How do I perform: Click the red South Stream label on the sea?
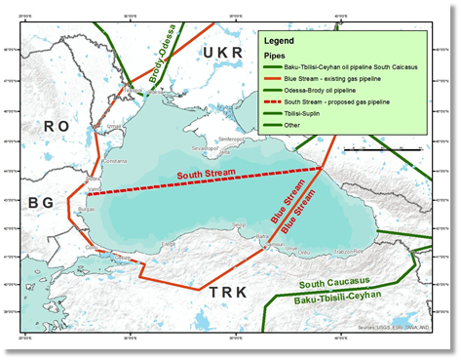pyautogui.click(x=207, y=176)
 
